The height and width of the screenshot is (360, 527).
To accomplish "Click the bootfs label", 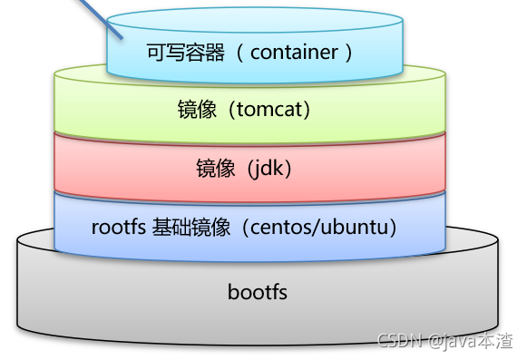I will tap(258, 292).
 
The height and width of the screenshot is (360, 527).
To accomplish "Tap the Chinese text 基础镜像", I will tap(187, 226).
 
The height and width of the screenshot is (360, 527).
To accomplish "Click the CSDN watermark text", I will tap(396, 341).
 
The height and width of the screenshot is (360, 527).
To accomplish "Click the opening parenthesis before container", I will tap(240, 52).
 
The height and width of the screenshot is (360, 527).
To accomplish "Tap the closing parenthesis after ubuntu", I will tap(393, 226).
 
